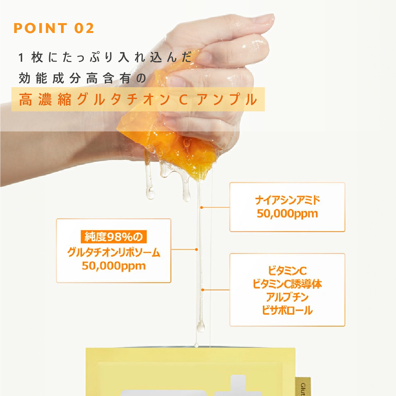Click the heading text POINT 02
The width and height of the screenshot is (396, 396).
click(54, 28)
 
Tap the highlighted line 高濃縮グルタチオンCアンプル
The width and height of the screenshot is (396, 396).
click(138, 99)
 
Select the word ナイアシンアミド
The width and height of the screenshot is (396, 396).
click(287, 200)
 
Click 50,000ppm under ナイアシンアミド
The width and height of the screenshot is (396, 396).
click(287, 214)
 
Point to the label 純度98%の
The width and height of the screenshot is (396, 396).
click(114, 237)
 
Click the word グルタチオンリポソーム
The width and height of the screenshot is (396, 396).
click(114, 252)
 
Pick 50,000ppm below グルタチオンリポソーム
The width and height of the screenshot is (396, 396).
click(114, 266)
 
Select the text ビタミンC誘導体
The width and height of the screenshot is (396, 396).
click(287, 284)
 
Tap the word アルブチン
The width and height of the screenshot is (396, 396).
click(287, 297)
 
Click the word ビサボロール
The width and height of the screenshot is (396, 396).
click(287, 310)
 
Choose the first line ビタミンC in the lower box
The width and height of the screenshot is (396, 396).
click(287, 271)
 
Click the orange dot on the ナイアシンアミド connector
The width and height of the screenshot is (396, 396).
click(201, 208)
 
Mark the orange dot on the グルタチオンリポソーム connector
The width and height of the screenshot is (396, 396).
click(197, 249)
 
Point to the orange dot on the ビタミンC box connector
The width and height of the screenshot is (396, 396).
click(203, 290)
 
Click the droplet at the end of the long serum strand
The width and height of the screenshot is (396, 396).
click(200, 327)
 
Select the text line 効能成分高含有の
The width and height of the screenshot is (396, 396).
click(82, 79)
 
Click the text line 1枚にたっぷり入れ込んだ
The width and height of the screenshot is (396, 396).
click(105, 57)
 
